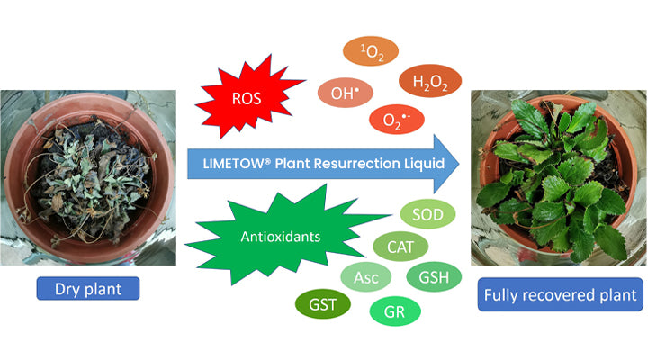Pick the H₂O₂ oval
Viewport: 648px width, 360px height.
pos(430,83)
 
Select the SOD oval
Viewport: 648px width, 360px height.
pos(427,214)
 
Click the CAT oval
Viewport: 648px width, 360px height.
pos(400,246)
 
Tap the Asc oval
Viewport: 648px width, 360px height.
pos(367,276)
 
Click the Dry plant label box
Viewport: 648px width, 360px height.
pos(88,288)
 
